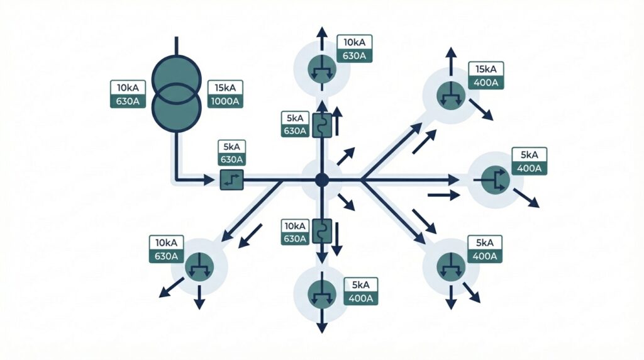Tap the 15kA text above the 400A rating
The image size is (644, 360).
[486, 69]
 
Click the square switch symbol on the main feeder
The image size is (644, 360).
[231, 181]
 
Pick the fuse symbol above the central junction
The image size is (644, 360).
[321, 125]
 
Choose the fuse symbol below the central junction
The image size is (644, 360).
[321, 231]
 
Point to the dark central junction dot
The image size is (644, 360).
[322, 180]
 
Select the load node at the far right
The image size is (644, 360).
[496, 181]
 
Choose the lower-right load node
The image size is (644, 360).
[450, 264]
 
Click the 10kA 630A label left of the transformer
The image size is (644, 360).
[129, 94]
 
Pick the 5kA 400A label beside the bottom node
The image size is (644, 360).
[360, 291]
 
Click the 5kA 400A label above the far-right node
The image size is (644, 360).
[530, 161]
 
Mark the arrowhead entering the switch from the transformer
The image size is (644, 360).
[212, 181]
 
